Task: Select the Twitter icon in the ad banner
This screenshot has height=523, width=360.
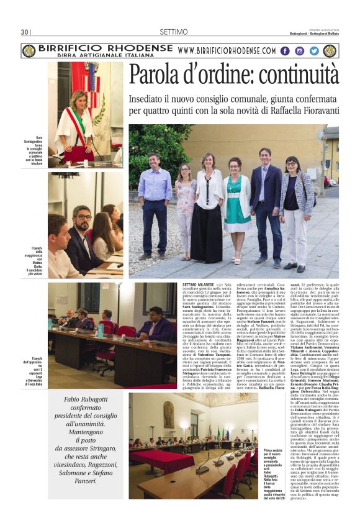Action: [314, 51]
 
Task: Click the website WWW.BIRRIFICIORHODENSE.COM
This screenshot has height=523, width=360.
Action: [226, 51]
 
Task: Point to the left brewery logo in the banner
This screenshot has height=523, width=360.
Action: [28, 51]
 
